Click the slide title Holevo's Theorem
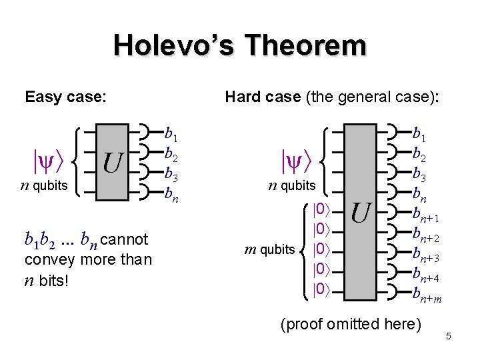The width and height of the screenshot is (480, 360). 239,46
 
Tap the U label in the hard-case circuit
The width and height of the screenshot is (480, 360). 361,213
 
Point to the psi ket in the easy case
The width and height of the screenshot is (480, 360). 49,160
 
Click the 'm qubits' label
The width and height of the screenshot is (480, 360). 269,249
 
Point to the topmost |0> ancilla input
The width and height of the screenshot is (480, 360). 321,209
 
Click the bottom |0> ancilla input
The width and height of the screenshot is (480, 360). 321,289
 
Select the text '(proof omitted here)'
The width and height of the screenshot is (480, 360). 351,325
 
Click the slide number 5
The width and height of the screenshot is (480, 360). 449,337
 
